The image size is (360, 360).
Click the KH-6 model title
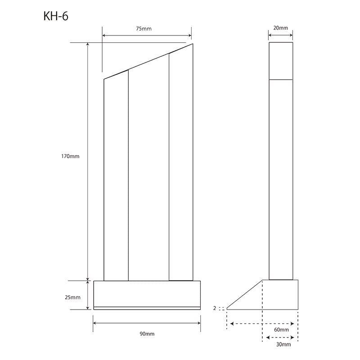[x=56, y=16]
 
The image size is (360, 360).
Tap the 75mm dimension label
[x=144, y=29]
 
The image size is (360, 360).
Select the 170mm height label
[x=70, y=156]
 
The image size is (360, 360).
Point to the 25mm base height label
[x=72, y=297]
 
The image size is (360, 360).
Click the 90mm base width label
[x=147, y=334]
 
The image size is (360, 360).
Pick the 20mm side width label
[x=280, y=28]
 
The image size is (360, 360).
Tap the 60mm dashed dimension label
[x=281, y=330]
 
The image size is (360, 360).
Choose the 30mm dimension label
[x=283, y=344]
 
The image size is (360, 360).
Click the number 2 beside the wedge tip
[x=215, y=308]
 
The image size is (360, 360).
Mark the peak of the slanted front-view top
[x=193, y=44]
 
